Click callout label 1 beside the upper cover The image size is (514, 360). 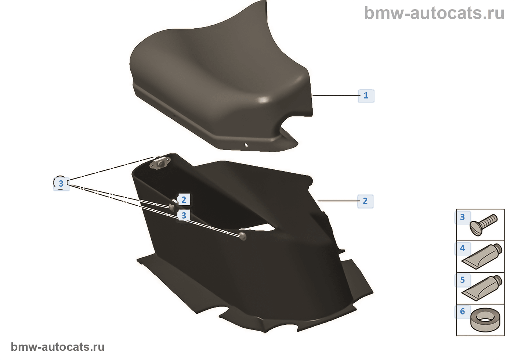pyautogui.click(x=366, y=96)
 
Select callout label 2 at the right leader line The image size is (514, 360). pyautogui.click(x=365, y=201)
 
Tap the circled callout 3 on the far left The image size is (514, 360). pyautogui.click(x=61, y=183)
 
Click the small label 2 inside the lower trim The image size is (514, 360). pyautogui.click(x=184, y=200)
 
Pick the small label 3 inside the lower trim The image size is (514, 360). pyautogui.click(x=184, y=216)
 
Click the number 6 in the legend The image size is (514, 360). pyautogui.click(x=463, y=312)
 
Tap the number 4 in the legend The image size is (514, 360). pyautogui.click(x=463, y=249)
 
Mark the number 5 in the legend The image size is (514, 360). pyautogui.click(x=463, y=280)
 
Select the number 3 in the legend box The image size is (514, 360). pyautogui.click(x=463, y=217)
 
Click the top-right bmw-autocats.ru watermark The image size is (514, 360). pyautogui.click(x=434, y=13)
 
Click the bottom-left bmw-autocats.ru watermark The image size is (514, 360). pyautogui.click(x=58, y=347)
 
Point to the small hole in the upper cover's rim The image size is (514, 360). pyautogui.click(x=246, y=145)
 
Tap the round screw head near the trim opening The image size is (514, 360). pyautogui.click(x=242, y=236)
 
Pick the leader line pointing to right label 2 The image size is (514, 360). pyautogui.click(x=338, y=201)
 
